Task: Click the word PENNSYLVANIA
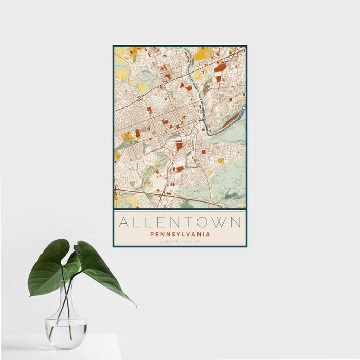tap(180, 234)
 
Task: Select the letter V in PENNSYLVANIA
tap(188, 234)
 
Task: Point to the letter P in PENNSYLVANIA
tap(152, 234)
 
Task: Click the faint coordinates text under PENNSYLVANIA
tap(180, 241)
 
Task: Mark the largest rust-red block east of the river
tap(220, 67)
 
